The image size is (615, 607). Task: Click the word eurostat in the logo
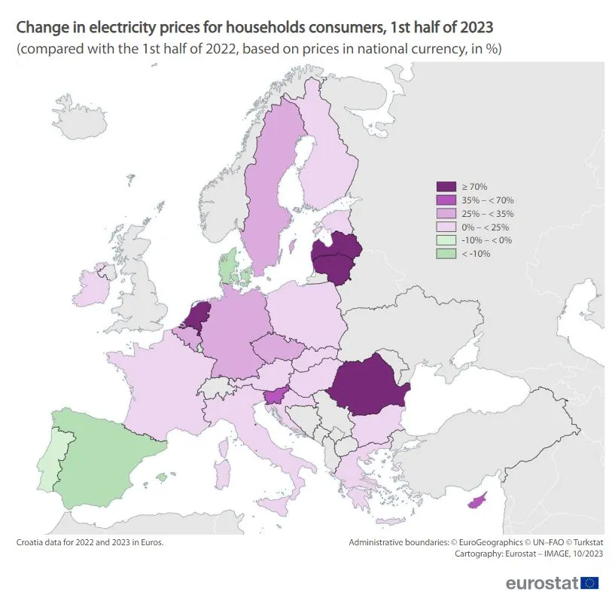[x=541, y=583]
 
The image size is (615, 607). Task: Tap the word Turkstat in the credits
[x=583, y=541]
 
